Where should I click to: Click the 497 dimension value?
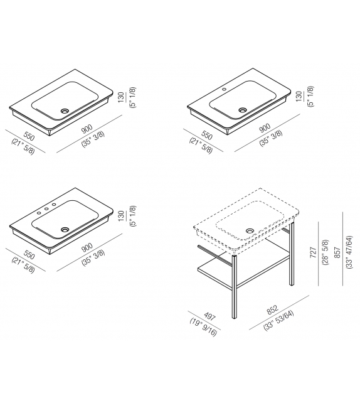click(209, 316)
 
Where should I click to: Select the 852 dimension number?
click(272, 309)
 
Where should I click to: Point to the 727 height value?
click(313, 253)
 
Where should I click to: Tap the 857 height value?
click(337, 252)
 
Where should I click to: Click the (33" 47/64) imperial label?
click(349, 252)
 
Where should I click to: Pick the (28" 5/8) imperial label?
click(325, 252)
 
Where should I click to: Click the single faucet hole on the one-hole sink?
click(224, 89)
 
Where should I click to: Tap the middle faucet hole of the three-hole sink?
click(47, 208)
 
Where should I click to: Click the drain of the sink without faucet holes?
click(65, 111)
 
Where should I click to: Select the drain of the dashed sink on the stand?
click(250, 230)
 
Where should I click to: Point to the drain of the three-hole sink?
click(65, 229)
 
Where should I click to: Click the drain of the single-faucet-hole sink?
click(243, 110)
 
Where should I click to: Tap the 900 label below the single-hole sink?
click(265, 127)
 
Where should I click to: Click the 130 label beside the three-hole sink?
click(121, 215)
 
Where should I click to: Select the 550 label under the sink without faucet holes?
click(29, 136)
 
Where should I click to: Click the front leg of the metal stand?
click(234, 287)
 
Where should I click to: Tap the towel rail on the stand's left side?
click(214, 254)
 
